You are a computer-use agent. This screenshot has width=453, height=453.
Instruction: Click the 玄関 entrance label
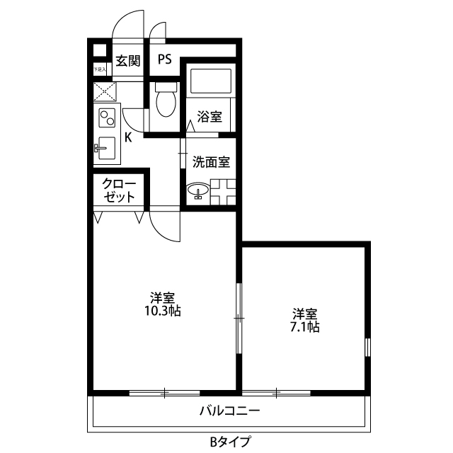pyautogui.click(x=128, y=60)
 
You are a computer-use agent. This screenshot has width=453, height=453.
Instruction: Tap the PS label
pyautogui.click(x=164, y=59)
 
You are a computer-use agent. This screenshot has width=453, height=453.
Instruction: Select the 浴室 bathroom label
pyautogui.click(x=210, y=116)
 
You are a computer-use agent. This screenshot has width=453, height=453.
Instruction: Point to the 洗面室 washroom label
pyautogui.click(x=212, y=161)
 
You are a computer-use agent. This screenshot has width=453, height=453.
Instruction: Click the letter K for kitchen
pyautogui.click(x=128, y=137)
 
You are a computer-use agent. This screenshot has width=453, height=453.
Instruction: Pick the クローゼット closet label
pyautogui.click(x=118, y=190)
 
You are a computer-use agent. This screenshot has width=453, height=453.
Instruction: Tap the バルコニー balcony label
pyautogui.click(x=229, y=410)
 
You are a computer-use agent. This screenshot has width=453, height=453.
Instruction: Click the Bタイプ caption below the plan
pyautogui.click(x=229, y=442)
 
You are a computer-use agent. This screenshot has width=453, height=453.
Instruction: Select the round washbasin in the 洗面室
pyautogui.click(x=197, y=190)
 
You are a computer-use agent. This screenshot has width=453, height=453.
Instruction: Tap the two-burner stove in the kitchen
pyautogui.click(x=107, y=116)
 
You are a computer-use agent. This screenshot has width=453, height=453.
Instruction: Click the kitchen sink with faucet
pyautogui.click(x=105, y=147)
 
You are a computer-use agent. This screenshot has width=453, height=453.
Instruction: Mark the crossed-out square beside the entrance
pyautogui.click(x=106, y=91)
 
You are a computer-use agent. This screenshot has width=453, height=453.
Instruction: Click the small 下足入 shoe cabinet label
pyautogui.click(x=100, y=71)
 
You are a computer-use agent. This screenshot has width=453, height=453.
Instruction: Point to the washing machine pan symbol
pyautogui.click(x=224, y=190)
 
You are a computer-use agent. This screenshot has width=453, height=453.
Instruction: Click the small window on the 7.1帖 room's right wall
pyautogui.click(x=368, y=347)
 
